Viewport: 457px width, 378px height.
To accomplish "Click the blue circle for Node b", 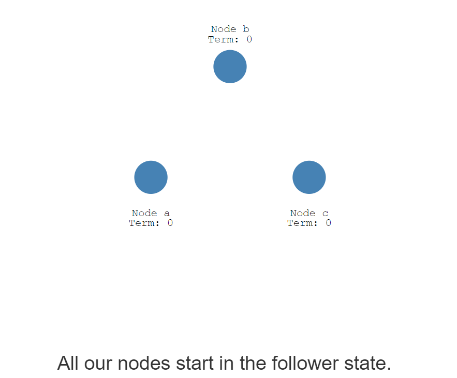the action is [x=230, y=66].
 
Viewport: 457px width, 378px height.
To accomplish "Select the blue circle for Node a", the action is [x=151, y=177].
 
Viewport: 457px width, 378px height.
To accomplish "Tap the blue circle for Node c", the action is [x=309, y=177].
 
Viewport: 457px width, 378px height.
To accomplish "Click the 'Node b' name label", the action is [x=230, y=29].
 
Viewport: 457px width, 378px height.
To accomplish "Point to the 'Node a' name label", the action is [x=151, y=213].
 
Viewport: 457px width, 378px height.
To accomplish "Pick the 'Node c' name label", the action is [x=309, y=213].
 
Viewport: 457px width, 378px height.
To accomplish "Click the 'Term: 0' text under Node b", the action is [x=230, y=39].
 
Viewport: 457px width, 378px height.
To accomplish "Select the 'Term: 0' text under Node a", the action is [x=151, y=223].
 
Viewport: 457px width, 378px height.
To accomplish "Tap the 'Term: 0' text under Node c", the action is [x=309, y=223].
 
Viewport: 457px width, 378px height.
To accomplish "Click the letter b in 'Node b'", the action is [x=246, y=29].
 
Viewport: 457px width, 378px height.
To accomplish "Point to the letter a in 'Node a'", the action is [x=167, y=213].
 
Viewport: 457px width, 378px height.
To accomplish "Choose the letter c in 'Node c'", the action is [x=325, y=213].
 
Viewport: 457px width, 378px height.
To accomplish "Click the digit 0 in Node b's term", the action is [x=249, y=39].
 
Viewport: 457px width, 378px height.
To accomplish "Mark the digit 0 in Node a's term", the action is [x=170, y=223].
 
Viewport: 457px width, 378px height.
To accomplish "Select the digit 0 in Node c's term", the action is [x=328, y=223].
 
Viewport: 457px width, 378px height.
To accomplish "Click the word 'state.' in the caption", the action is [x=367, y=363].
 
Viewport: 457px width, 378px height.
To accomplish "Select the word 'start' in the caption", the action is [x=195, y=363].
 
